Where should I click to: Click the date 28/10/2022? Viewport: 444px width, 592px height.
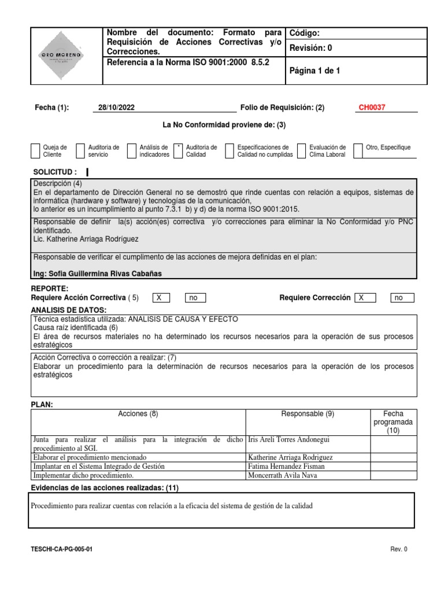pos(117,108)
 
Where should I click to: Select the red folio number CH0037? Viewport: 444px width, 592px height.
pos(372,108)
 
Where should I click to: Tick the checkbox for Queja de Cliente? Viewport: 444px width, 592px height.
pos(36,151)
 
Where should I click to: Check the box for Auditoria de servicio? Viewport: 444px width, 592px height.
pos(80,151)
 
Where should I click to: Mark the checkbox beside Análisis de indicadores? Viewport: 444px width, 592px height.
pos(132,151)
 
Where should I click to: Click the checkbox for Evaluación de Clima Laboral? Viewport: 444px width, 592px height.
pos(301,151)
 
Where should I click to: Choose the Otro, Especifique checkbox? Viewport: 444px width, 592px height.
pos(358,151)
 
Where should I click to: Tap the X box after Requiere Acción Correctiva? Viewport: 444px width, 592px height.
pos(161,298)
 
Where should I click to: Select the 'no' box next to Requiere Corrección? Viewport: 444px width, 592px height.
pos(398,298)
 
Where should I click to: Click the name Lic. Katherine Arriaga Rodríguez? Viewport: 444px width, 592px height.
pos(86,239)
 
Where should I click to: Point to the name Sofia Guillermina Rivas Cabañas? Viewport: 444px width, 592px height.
pos(98,273)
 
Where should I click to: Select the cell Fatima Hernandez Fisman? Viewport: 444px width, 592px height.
pos(286,466)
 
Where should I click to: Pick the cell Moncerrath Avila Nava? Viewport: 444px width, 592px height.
pos(282,475)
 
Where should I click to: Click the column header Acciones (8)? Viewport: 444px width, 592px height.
pos(138,414)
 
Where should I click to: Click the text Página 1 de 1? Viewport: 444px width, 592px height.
pos(314,71)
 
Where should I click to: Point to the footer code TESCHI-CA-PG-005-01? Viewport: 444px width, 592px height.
pos(61,550)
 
